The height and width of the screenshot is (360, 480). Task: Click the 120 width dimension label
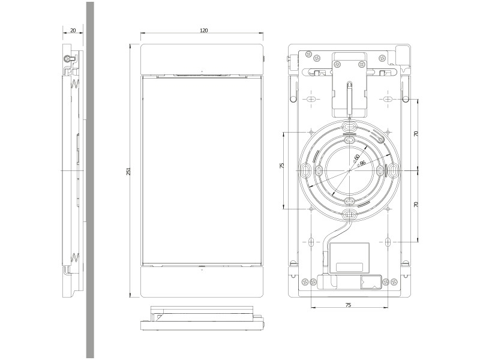click(x=204, y=30)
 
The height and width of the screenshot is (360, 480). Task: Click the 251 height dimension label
click(x=128, y=172)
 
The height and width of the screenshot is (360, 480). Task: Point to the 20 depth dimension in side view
click(x=73, y=30)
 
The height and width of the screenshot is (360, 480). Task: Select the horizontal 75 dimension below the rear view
click(x=349, y=305)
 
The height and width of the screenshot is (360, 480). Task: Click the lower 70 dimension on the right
click(x=416, y=205)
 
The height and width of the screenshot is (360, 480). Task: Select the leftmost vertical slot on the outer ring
click(x=305, y=171)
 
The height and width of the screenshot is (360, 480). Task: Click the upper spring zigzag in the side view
click(x=74, y=85)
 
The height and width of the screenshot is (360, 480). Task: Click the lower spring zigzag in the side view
click(x=74, y=257)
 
